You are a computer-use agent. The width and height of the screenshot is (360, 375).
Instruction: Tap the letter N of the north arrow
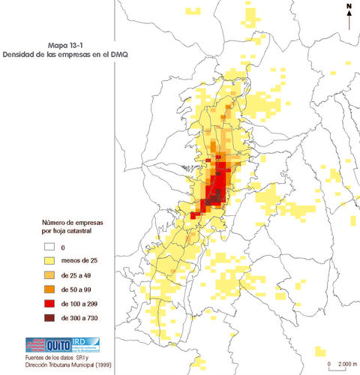click(x=349, y=7)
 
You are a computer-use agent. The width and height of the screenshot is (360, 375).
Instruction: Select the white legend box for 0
click(x=49, y=247)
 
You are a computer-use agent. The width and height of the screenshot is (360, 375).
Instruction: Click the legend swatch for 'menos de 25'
click(x=49, y=261)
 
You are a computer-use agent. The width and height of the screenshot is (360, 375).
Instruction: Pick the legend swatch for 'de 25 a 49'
click(x=49, y=275)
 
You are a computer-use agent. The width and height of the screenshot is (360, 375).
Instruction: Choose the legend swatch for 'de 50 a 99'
click(x=49, y=289)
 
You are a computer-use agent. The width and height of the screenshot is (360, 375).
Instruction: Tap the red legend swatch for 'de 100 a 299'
click(x=49, y=304)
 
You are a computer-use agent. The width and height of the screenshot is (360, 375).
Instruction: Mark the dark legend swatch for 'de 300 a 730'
click(x=49, y=318)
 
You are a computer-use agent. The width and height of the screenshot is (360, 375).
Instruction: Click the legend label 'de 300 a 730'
click(x=81, y=318)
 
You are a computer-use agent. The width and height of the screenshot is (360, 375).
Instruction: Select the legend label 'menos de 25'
click(x=79, y=261)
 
